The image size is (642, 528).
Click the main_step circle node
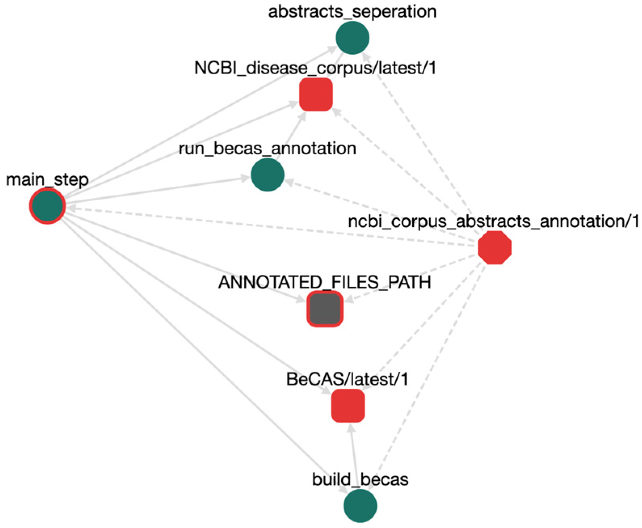tap(47, 206)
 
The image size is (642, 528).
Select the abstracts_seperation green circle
tap(352, 38)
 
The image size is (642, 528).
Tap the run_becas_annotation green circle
tap(267, 175)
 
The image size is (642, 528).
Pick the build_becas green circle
tap(360, 506)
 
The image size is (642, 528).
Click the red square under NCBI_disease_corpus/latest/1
tap(316, 95)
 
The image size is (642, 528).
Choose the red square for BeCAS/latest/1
tap(348, 406)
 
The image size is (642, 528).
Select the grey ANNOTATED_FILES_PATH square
tap(325, 309)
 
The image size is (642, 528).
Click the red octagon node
tap(494, 248)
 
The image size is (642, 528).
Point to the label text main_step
tap(47, 179)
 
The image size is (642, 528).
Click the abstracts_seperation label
tap(352, 11)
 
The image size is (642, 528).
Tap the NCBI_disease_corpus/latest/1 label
tap(315, 68)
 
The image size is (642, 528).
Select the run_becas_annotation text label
tap(267, 148)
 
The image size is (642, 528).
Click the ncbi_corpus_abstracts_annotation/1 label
tap(493, 221)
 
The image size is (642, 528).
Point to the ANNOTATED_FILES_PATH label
tap(325, 282)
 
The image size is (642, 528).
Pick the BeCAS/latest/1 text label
tap(347, 379)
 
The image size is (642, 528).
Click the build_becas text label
tap(360, 480)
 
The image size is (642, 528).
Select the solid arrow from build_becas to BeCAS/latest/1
tap(354, 456)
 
